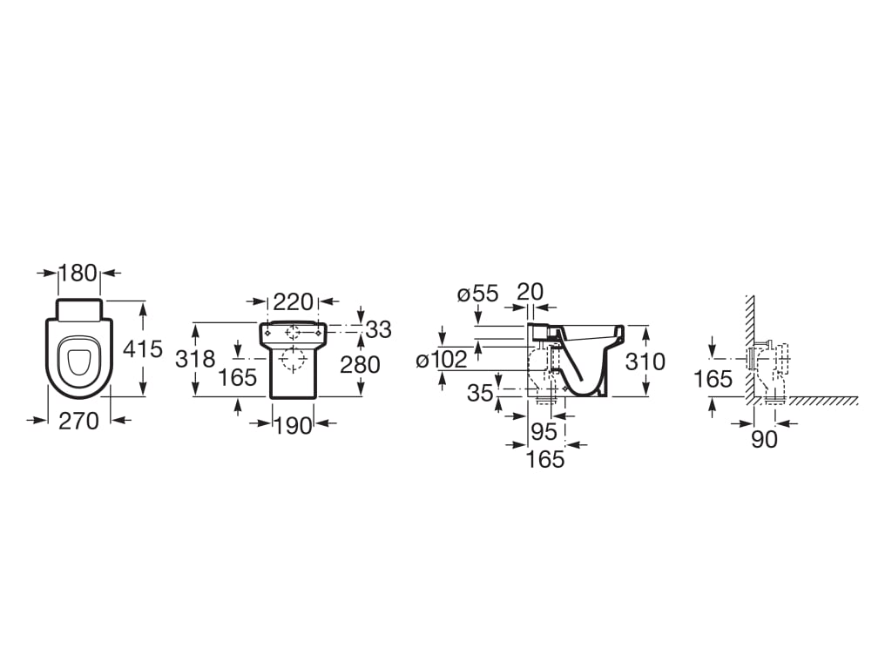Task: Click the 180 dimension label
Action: (x=79, y=273)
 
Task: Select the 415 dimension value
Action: (x=143, y=348)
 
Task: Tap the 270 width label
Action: (x=78, y=421)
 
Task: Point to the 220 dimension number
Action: (x=293, y=301)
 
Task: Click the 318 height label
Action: (x=195, y=359)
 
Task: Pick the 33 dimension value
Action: (x=378, y=329)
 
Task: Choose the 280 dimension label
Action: (x=360, y=365)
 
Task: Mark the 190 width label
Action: (x=294, y=425)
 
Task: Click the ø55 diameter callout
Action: (x=478, y=294)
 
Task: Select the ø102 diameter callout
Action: (x=442, y=360)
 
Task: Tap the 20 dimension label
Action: (x=530, y=291)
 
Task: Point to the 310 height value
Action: (x=645, y=362)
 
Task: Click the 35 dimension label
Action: (x=480, y=393)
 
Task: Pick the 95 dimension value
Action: (x=544, y=432)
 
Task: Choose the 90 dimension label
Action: (x=764, y=439)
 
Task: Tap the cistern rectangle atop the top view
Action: (x=79, y=310)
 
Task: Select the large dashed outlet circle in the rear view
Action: (x=293, y=360)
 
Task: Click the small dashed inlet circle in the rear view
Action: (x=293, y=332)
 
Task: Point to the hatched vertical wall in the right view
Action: (x=750, y=347)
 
